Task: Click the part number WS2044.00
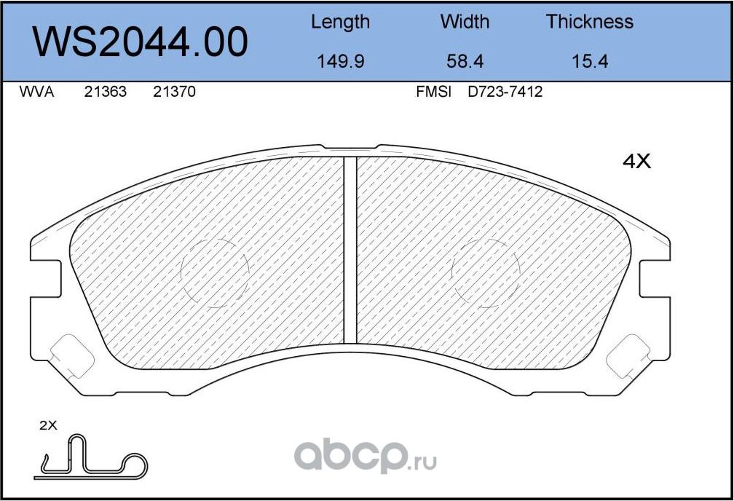click(x=141, y=42)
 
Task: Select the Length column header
click(x=340, y=22)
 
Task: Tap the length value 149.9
click(x=340, y=61)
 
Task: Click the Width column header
click(x=465, y=22)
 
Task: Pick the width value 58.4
click(x=465, y=61)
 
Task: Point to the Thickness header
click(x=589, y=22)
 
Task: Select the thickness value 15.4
click(x=589, y=61)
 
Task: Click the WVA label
click(x=37, y=92)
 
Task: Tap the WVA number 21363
click(x=106, y=92)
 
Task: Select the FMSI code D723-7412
click(x=505, y=92)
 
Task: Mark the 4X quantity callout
click(x=636, y=162)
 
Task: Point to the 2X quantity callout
click(x=47, y=427)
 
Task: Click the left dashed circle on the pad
click(x=214, y=272)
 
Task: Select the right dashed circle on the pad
click(x=486, y=272)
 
